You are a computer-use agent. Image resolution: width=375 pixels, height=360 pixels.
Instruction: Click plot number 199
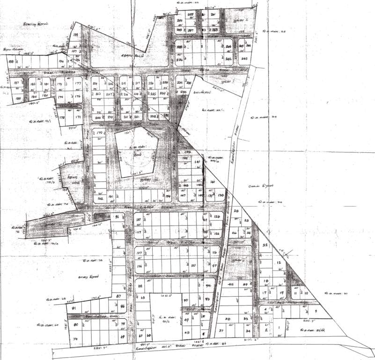pyautogui.click(x=75, y=35)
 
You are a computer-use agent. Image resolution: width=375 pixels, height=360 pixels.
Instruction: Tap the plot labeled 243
pyautogui.click(x=244, y=59)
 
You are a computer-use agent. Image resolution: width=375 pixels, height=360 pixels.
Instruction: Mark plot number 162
pyautogui.click(x=99, y=199)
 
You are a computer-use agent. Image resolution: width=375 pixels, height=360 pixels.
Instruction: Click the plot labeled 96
pyautogui.click(x=118, y=217)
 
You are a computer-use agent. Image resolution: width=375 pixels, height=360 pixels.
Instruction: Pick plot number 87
pyautogui.click(x=118, y=296)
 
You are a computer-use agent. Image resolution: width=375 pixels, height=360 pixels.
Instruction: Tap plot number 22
pyautogui.click(x=265, y=246)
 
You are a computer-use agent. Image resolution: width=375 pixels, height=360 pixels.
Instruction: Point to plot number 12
pyautogui.click(x=279, y=263)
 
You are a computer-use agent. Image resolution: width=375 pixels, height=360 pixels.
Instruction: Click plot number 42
pyautogui.click(x=230, y=285)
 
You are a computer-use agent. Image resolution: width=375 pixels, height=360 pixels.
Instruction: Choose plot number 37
pyautogui.click(x=221, y=331)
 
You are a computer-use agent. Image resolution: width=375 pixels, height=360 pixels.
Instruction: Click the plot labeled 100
pyautogui.click(x=193, y=265)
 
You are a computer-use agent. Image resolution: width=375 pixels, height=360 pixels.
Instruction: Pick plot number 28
pyautogui.click(x=236, y=211)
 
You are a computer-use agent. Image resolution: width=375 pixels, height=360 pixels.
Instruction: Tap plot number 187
pyautogui.click(x=16, y=83)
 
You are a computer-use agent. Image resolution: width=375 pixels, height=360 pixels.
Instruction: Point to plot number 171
pyautogui.click(x=79, y=117)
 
